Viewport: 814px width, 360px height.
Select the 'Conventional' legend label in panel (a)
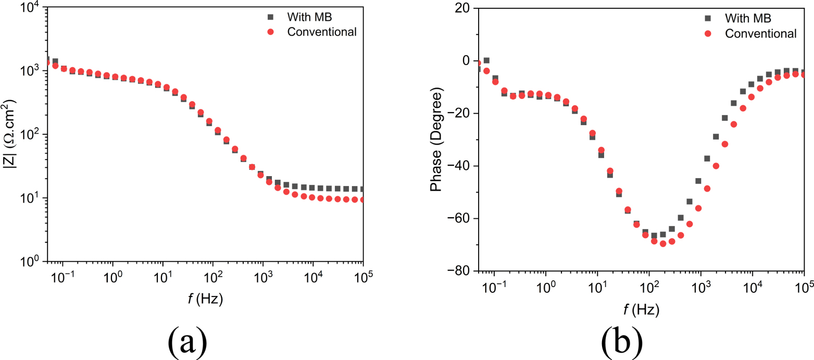321,32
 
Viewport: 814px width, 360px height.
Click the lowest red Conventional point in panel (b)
663,243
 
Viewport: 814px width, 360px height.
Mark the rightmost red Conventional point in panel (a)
363,200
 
